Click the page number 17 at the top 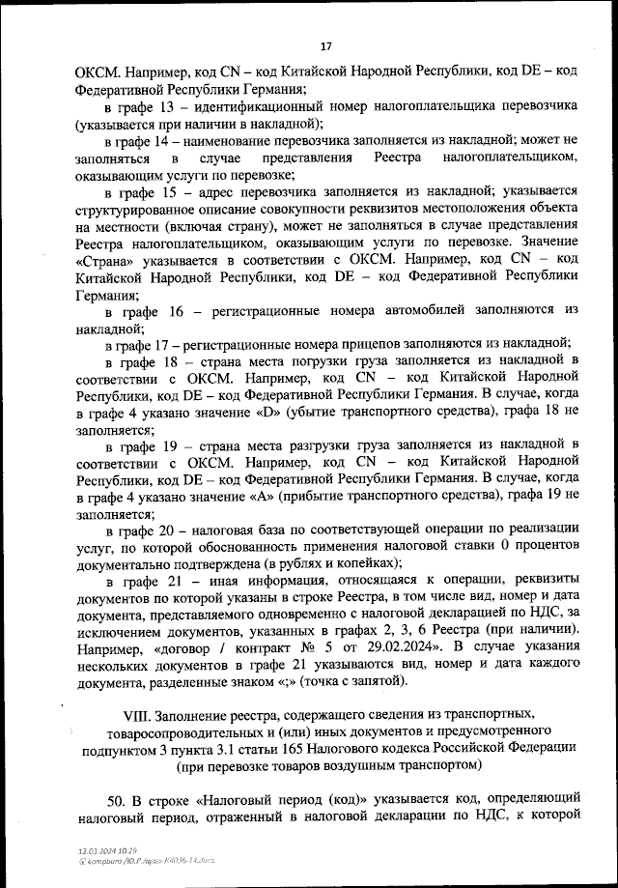325,45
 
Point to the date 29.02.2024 411,646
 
